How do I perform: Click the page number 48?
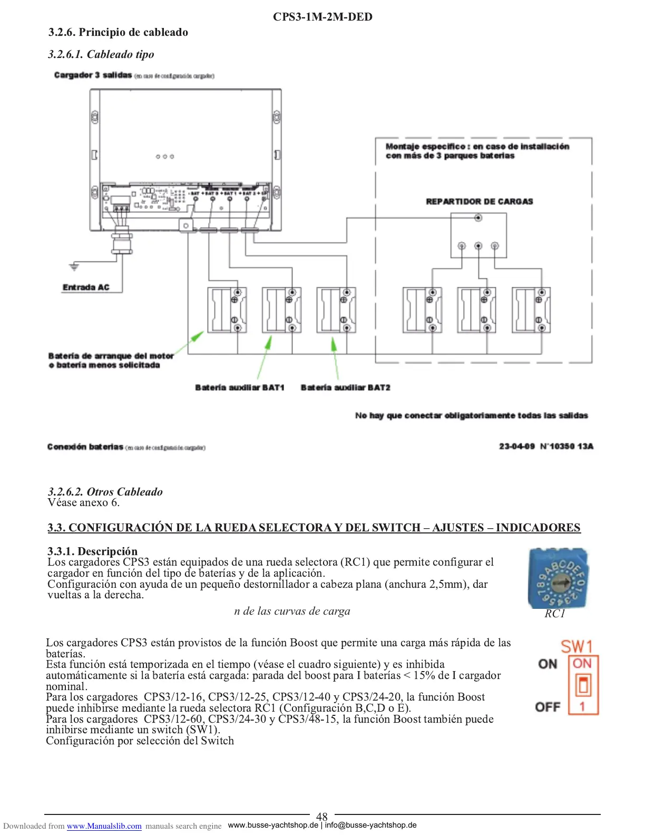[x=321, y=817]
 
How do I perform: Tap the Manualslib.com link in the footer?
[x=104, y=826]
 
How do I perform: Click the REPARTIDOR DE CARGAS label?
[x=479, y=201]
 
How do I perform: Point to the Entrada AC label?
[x=86, y=287]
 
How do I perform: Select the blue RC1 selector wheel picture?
[x=558, y=578]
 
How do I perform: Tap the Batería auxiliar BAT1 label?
[x=239, y=387]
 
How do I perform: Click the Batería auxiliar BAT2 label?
[x=345, y=387]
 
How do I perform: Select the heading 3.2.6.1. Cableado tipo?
[x=101, y=54]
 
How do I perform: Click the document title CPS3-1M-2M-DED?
[x=322, y=17]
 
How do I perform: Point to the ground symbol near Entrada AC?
[x=74, y=267]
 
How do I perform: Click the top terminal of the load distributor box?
[x=478, y=218]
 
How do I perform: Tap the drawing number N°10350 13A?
[x=566, y=446]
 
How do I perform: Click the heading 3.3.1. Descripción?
[x=92, y=551]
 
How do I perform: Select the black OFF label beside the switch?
[x=548, y=707]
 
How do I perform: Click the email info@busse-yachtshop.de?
[x=370, y=825]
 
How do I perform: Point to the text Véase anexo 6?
[x=83, y=502]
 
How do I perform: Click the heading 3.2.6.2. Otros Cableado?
[x=105, y=491]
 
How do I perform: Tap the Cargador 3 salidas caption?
[x=93, y=75]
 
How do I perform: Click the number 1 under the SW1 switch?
[x=582, y=706]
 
